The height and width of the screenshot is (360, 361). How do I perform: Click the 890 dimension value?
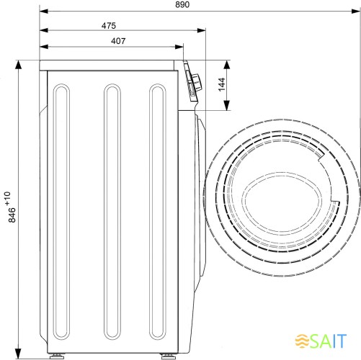[182, 4]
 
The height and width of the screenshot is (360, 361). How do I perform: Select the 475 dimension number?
[109, 26]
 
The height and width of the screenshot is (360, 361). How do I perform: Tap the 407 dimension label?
[118, 41]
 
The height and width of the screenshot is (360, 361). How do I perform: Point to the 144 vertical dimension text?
[222, 84]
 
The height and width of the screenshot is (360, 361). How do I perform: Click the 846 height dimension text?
[12, 215]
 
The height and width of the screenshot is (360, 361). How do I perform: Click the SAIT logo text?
[328, 341]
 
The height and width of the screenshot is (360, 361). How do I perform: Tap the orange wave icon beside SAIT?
[302, 341]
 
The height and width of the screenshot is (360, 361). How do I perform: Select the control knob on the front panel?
[196, 82]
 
